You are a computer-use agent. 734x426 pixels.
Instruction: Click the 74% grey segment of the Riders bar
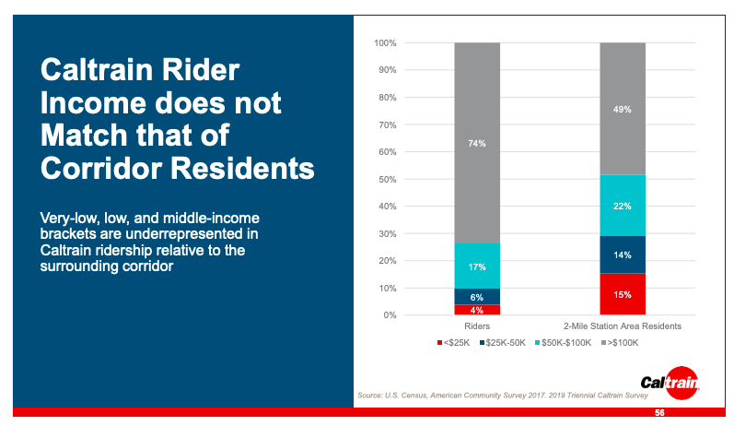click(x=476, y=143)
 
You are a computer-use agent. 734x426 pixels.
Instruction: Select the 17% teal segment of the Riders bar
click(x=476, y=266)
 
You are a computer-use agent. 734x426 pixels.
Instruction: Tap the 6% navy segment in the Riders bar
click(x=476, y=296)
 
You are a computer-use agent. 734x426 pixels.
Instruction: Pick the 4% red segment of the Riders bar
click(x=476, y=310)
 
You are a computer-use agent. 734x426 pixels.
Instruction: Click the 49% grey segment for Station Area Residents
click(x=622, y=109)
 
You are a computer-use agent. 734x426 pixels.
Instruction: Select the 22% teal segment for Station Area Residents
click(x=622, y=206)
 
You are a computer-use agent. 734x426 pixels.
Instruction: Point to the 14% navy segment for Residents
click(x=622, y=254)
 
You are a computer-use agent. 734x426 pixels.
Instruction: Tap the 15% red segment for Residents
click(x=622, y=294)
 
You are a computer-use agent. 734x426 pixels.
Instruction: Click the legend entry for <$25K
click(x=454, y=343)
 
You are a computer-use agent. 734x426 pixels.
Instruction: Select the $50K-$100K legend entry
click(x=561, y=343)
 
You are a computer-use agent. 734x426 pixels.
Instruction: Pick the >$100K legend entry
click(x=619, y=343)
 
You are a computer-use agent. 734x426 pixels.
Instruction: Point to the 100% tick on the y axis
click(x=385, y=43)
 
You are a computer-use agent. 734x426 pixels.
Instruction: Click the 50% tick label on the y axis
click(x=387, y=179)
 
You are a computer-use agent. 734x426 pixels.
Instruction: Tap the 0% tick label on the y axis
click(x=390, y=315)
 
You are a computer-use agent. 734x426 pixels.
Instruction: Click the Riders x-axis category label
click(x=476, y=326)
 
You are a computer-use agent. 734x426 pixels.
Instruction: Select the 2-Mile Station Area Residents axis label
click(x=622, y=326)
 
